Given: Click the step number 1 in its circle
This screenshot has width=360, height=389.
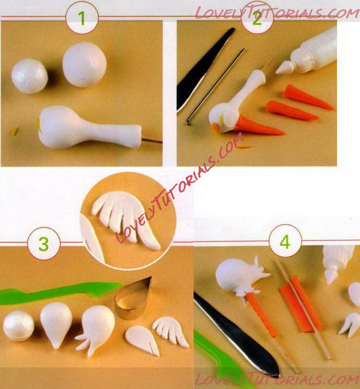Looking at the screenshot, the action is pyautogui.click(x=82, y=18).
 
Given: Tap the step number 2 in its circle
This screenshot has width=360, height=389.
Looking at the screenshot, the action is pyautogui.click(x=257, y=18).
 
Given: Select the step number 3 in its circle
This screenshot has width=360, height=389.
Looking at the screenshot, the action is pyautogui.click(x=44, y=244).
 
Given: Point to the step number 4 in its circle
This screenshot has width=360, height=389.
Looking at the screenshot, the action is pyautogui.click(x=285, y=242).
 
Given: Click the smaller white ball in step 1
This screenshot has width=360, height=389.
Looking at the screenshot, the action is pyautogui.click(x=29, y=76).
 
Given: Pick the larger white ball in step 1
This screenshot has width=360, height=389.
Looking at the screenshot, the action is pyautogui.click(x=84, y=64).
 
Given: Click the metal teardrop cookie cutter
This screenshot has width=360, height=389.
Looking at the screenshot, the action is pyautogui.click(x=133, y=298).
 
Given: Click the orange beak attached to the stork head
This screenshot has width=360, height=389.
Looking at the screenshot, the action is pyautogui.click(x=258, y=126).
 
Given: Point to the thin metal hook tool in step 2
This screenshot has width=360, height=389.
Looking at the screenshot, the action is pyautogui.click(x=216, y=87).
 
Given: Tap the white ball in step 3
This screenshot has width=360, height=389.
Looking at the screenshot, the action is pyautogui.click(x=18, y=326).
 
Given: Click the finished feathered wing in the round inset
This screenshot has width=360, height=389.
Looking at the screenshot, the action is pyautogui.click(x=126, y=218).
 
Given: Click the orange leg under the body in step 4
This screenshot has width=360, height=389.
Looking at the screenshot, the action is pyautogui.click(x=263, y=315).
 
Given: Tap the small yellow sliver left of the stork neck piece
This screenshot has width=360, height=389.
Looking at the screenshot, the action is pyautogui.click(x=15, y=131).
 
